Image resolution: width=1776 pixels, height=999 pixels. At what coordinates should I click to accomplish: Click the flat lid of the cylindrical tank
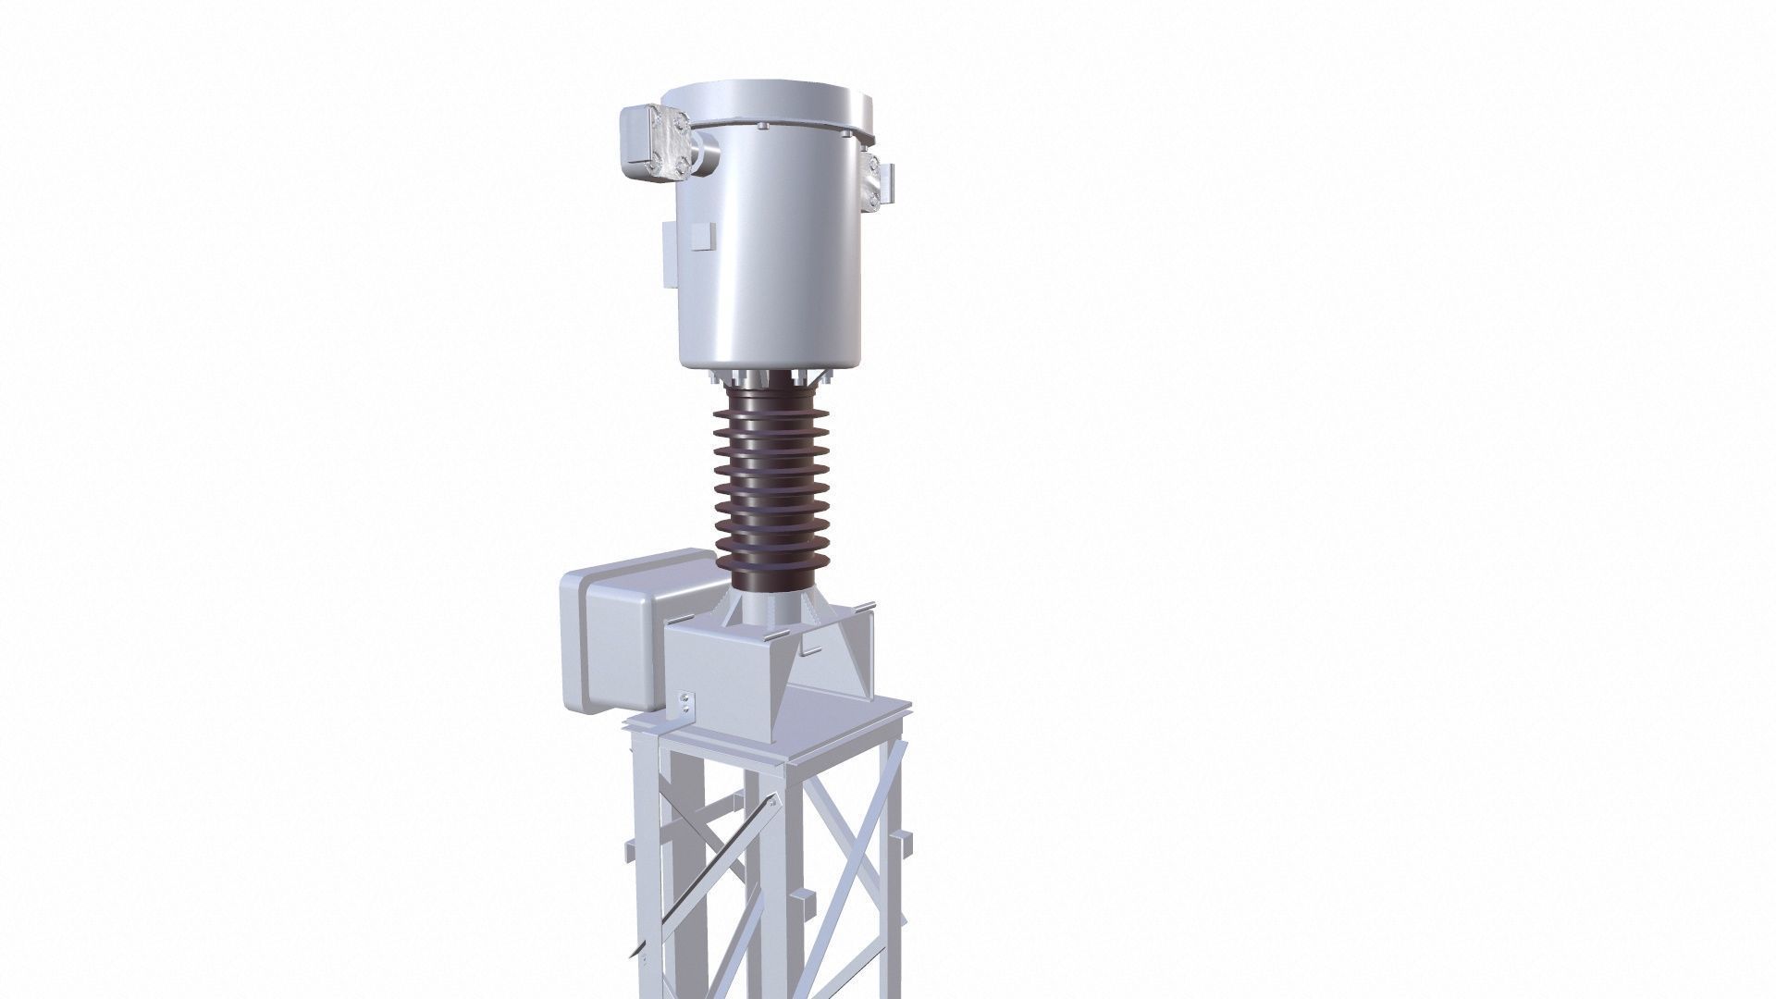click(769, 99)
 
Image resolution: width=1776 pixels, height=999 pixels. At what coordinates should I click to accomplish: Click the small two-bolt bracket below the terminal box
click(684, 703)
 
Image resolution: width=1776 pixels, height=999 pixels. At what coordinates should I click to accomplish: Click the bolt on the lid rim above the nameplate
click(765, 126)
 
